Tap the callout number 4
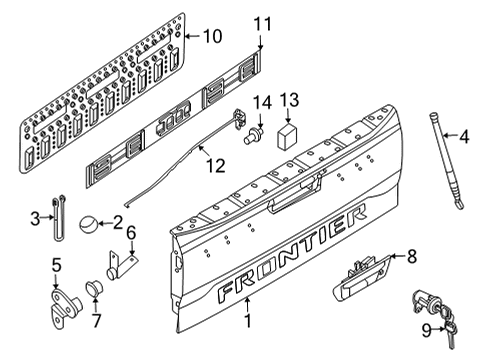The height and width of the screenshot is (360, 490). tap(465, 137)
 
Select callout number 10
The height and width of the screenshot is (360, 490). tap(211, 37)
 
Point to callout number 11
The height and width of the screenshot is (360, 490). tap(262, 23)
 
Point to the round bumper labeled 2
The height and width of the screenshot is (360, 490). tap(89, 222)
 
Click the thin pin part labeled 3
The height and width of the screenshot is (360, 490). tap(60, 218)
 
